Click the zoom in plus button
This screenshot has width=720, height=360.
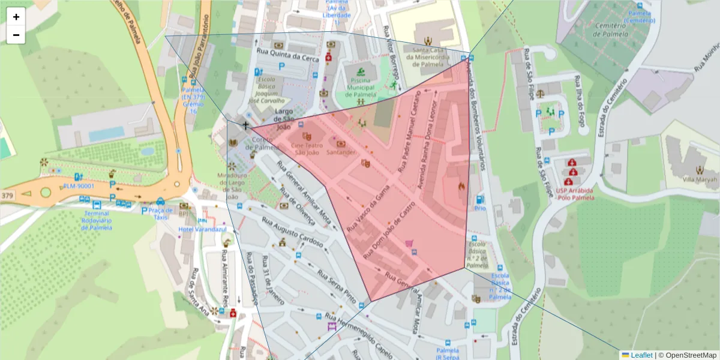(16, 17)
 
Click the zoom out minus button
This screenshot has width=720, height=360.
(16, 35)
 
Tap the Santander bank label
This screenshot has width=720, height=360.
(341, 152)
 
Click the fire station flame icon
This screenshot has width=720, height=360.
(461, 187)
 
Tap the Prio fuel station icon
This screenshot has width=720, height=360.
(479, 200)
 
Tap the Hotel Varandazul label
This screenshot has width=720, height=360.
(202, 229)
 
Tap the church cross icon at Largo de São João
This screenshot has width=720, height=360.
(245, 125)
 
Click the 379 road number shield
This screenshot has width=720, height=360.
(7, 196)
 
